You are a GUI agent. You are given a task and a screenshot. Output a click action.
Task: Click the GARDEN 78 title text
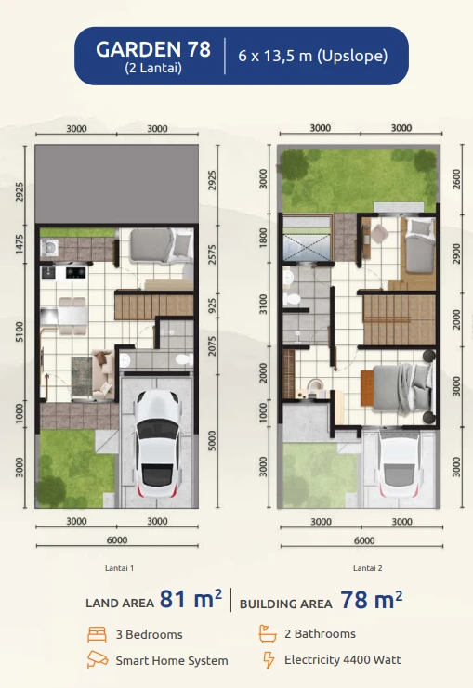[153, 48]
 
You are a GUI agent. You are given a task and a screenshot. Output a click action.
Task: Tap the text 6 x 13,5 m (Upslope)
[312, 56]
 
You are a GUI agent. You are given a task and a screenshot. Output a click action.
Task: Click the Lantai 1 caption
[120, 567]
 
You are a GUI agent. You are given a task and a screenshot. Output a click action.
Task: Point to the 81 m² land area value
[191, 600]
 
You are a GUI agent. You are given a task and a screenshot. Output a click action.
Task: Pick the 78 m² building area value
[371, 600]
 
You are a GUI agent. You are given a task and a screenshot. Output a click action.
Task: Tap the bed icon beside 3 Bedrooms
[96, 635]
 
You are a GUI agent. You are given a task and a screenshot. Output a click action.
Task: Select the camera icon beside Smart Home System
[96, 660]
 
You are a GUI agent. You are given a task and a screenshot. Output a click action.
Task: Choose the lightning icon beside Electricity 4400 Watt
[268, 660]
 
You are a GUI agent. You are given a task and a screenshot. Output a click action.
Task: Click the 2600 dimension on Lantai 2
[455, 178]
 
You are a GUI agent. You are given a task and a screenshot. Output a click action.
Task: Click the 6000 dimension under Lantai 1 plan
[117, 540]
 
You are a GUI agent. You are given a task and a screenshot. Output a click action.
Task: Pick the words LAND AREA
[119, 603]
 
